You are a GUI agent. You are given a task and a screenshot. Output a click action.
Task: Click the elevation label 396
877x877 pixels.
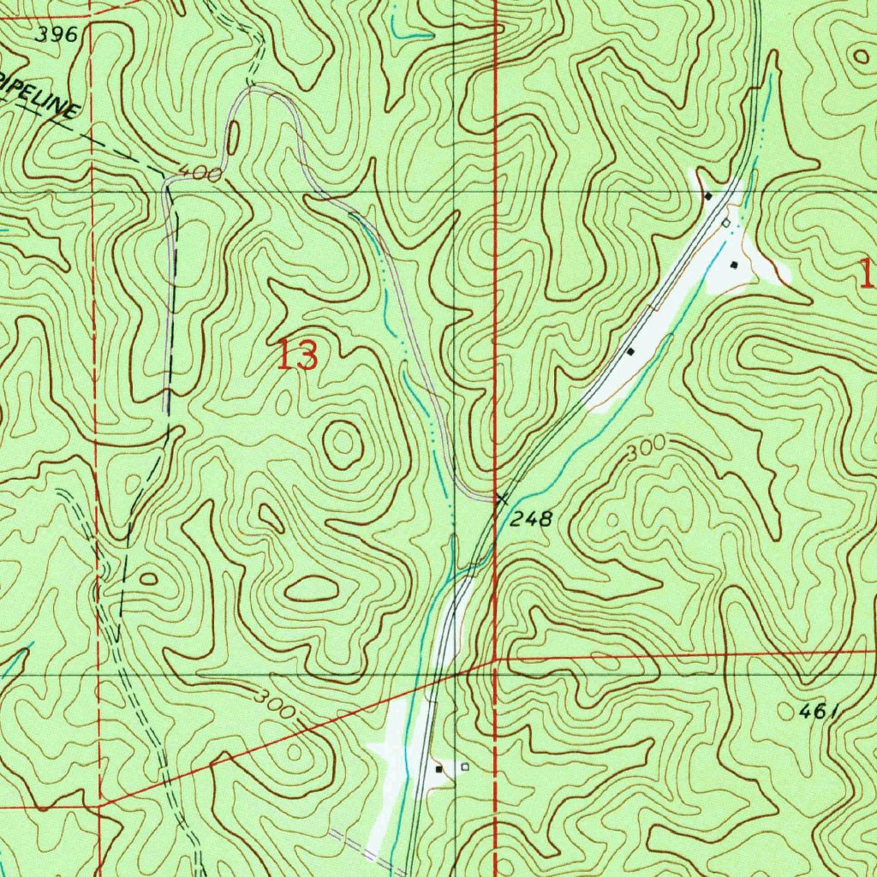click(57, 35)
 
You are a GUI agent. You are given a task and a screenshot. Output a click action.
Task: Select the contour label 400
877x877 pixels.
click(200, 174)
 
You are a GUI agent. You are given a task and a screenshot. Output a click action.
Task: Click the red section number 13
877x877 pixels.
click(297, 355)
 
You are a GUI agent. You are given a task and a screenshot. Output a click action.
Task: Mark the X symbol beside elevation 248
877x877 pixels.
click(502, 498)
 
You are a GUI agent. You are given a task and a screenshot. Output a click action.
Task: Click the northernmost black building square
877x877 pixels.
click(708, 196)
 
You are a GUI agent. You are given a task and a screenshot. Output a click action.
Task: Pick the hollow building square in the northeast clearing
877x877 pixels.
click(725, 223)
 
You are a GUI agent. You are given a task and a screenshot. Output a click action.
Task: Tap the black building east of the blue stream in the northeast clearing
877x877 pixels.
click(734, 265)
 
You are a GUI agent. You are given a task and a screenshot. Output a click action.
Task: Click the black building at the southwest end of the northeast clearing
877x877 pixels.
click(631, 351)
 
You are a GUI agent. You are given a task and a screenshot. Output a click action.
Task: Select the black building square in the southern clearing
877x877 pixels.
click(440, 769)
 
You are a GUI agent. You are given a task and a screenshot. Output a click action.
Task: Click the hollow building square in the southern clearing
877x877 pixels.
click(465, 767)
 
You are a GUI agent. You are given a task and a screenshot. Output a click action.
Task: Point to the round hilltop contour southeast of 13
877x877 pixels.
click(343, 443)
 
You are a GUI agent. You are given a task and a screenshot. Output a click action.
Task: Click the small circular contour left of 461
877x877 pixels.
click(789, 710)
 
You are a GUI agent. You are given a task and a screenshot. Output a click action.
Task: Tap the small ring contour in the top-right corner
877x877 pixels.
click(859, 56)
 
